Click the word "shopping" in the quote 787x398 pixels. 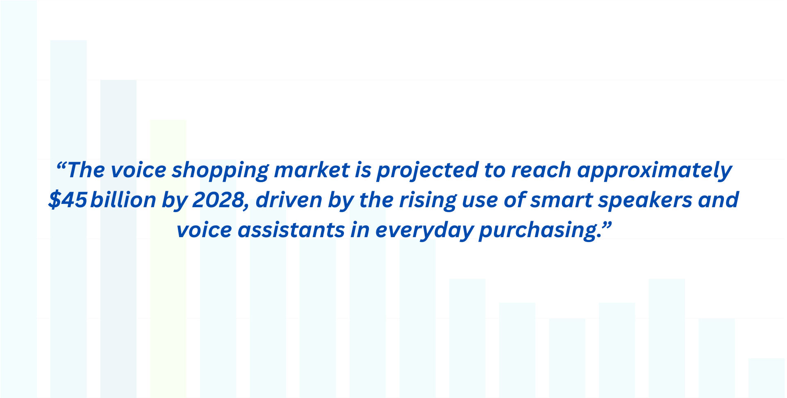(x=219, y=171)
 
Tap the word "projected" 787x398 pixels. (x=427, y=171)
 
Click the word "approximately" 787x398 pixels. (x=654, y=171)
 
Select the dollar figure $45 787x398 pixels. (x=68, y=200)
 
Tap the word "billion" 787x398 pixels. (x=123, y=200)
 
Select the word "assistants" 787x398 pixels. (x=291, y=230)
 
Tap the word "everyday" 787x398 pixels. (x=424, y=231)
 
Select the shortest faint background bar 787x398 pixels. (x=766, y=377)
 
